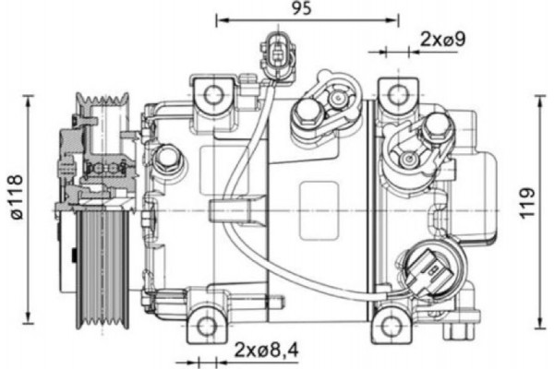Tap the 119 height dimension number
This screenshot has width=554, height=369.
pos(527,203)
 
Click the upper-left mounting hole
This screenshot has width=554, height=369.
pos(213,94)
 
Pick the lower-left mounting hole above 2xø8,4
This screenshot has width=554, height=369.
pos(207,324)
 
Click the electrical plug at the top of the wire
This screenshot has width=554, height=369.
pos(275,50)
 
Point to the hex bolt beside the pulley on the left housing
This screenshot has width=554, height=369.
pos(166,160)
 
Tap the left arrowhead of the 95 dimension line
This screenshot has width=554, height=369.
pos(220,18)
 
